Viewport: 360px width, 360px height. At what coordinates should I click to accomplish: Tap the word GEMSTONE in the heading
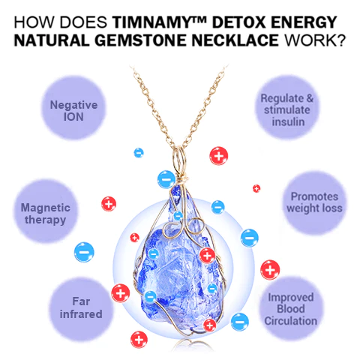(x=140, y=40)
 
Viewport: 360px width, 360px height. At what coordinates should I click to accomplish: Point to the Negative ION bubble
(x=73, y=107)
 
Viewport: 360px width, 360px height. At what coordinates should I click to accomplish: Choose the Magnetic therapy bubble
(x=45, y=211)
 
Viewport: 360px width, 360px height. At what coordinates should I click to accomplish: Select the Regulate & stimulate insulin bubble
(x=287, y=107)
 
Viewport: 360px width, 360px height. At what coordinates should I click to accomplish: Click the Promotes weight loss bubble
(x=314, y=202)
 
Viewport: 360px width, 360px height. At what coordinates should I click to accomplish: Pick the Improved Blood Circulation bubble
(x=291, y=309)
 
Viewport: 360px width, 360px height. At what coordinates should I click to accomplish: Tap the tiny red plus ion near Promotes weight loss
(x=256, y=188)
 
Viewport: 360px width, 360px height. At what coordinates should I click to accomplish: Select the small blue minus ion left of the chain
(x=139, y=152)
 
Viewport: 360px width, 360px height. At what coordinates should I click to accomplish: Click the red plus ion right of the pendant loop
(x=219, y=156)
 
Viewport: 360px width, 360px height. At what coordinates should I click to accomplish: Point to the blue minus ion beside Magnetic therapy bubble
(x=84, y=252)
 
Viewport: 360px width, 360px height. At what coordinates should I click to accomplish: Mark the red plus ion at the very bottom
(x=139, y=340)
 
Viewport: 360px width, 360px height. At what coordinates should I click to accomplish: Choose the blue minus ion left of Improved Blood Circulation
(x=240, y=322)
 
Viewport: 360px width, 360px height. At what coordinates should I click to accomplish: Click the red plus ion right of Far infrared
(x=121, y=293)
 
